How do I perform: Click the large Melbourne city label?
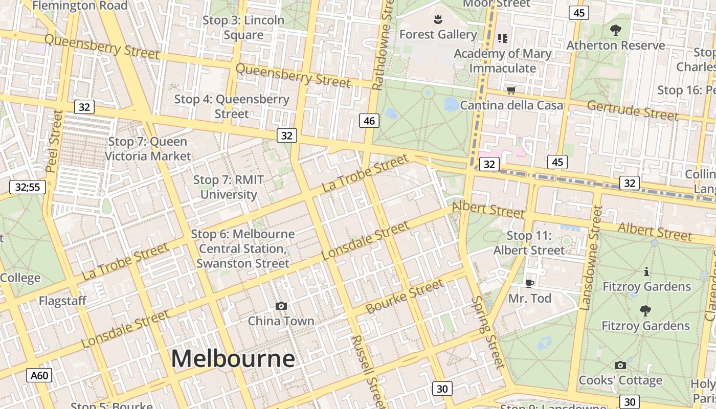(x=233, y=359)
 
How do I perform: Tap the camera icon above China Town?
(x=281, y=306)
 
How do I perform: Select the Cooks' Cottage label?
(x=620, y=380)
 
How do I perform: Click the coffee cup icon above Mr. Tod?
(x=530, y=283)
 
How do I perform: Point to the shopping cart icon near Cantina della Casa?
(x=510, y=90)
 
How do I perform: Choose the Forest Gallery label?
(x=438, y=34)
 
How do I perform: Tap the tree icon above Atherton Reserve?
(x=616, y=30)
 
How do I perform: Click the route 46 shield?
(x=369, y=121)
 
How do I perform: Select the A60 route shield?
(x=39, y=376)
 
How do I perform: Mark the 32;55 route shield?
(x=28, y=187)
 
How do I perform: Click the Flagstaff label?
(x=62, y=301)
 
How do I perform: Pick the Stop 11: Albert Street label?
(x=529, y=243)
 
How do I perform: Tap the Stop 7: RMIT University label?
(x=229, y=187)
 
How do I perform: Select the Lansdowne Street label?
(x=592, y=257)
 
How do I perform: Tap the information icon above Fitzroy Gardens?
(x=646, y=271)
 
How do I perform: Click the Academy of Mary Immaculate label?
(x=502, y=61)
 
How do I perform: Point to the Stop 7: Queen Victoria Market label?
(x=148, y=149)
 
